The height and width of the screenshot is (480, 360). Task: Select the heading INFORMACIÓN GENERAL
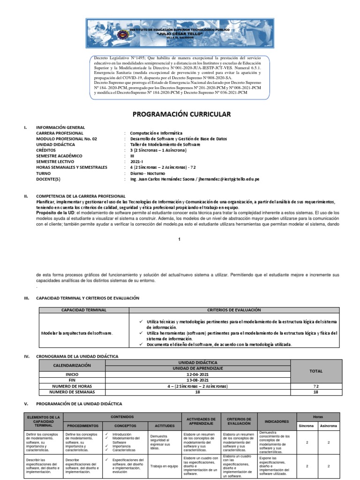pyautogui.click(x=60, y=127)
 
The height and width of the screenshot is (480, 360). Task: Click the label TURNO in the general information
pyautogui.click(x=43, y=173)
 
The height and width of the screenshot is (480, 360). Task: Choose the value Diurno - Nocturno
pyautogui.click(x=148, y=173)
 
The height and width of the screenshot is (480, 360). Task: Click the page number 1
pyautogui.click(x=179, y=239)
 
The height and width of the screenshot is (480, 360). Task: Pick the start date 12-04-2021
pyautogui.click(x=198, y=375)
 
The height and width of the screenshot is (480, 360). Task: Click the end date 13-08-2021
pyautogui.click(x=198, y=380)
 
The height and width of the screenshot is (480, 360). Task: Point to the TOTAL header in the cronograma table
pyautogui.click(x=315, y=371)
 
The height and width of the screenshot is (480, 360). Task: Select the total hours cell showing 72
pyautogui.click(x=315, y=386)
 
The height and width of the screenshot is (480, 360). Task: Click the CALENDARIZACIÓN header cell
pyautogui.click(x=72, y=365)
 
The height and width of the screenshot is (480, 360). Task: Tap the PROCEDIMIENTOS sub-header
pyautogui.click(x=82, y=426)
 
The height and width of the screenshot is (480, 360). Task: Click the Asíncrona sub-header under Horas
pyautogui.click(x=328, y=426)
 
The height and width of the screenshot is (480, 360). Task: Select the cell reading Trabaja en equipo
pyautogui.click(x=164, y=466)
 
